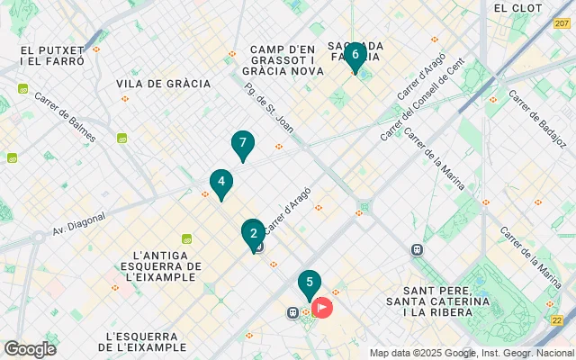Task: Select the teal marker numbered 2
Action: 253,233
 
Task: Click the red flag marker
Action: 322,308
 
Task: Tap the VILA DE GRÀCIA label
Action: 164,84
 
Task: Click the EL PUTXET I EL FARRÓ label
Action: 51,56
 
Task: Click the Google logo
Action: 30,349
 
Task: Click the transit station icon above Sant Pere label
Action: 417,249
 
